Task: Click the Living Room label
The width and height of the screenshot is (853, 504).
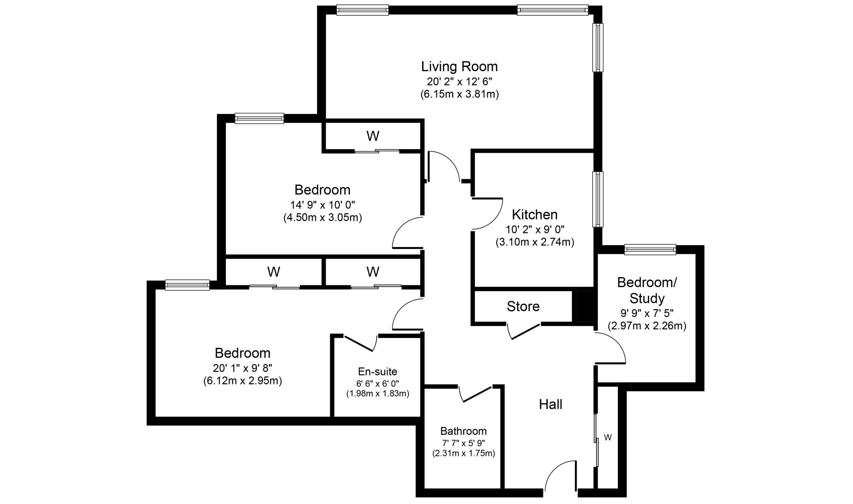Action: pyautogui.click(x=459, y=67)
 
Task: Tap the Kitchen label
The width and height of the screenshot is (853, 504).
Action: pyautogui.click(x=534, y=215)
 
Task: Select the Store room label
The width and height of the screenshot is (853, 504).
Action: pyautogui.click(x=523, y=306)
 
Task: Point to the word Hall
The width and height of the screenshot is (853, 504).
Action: pyautogui.click(x=550, y=404)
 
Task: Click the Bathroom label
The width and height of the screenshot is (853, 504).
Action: pyautogui.click(x=463, y=431)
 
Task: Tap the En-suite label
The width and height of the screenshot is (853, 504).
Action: pyautogui.click(x=377, y=371)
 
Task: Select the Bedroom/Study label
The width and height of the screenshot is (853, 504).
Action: pyautogui.click(x=647, y=290)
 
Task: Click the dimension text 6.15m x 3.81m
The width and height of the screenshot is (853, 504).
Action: pyautogui.click(x=459, y=94)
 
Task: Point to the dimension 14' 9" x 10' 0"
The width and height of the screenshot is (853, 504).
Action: pyautogui.click(x=322, y=205)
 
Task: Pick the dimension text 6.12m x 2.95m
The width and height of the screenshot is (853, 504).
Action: pyautogui.click(x=242, y=381)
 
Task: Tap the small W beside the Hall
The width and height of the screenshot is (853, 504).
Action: pyautogui.click(x=608, y=437)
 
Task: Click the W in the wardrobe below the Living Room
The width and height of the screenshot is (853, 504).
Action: pyautogui.click(x=373, y=136)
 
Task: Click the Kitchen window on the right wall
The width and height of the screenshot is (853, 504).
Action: pyautogui.click(x=598, y=199)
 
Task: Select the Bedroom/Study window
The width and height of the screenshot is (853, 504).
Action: pyautogui.click(x=650, y=250)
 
